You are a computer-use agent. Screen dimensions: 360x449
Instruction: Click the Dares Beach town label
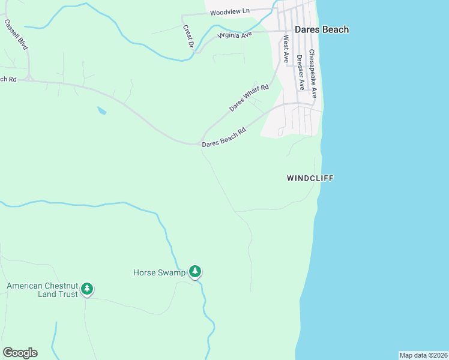point(322,29)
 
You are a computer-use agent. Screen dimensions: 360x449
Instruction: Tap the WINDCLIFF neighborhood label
point(310,178)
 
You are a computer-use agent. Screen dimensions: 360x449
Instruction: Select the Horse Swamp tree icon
point(195,272)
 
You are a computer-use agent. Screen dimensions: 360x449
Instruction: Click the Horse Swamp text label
point(159,273)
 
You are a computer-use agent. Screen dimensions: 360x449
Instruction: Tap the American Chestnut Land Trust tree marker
point(87,290)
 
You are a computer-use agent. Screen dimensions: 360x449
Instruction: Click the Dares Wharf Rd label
point(249,98)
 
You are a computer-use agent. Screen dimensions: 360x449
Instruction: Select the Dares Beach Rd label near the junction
point(224,137)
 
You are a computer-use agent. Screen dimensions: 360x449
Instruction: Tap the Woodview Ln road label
point(230,12)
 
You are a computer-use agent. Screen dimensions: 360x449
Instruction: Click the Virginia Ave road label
point(234,35)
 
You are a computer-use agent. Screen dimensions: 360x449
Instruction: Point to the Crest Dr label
point(188,37)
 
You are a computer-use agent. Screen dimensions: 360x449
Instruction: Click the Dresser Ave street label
point(300,72)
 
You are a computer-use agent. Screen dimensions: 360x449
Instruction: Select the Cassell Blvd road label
point(16,34)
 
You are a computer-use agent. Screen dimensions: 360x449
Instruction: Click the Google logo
point(20,353)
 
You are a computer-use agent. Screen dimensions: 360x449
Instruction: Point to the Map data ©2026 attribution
point(423,355)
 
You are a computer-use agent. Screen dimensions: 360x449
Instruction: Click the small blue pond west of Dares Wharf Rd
point(101,110)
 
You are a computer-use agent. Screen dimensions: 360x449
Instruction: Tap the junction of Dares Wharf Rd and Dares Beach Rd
point(202,143)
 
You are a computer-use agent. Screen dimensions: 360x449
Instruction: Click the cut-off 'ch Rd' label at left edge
point(8,79)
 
